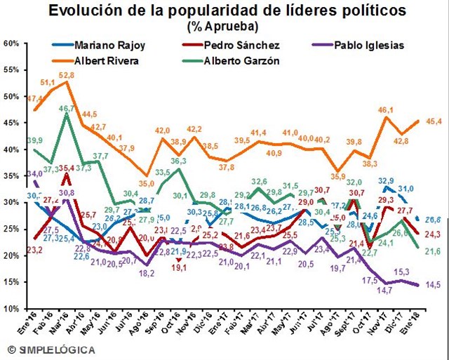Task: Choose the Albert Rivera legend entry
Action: click(x=107, y=61)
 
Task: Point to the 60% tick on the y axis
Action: click(x=11, y=43)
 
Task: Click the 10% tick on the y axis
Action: click(x=11, y=309)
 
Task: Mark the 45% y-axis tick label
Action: click(x=11, y=123)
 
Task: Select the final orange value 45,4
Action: click(x=433, y=121)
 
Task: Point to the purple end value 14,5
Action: click(x=433, y=284)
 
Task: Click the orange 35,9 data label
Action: click(x=339, y=176)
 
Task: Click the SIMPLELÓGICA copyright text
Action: click(x=45, y=349)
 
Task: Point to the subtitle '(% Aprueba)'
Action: click(x=222, y=27)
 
